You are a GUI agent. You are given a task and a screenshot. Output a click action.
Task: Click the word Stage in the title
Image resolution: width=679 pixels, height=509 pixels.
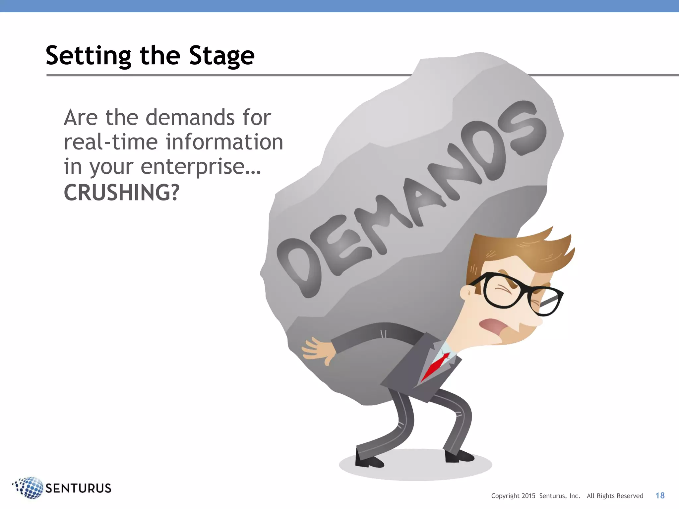click(221, 56)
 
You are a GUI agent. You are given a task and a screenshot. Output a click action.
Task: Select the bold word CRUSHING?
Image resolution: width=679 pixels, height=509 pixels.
click(121, 193)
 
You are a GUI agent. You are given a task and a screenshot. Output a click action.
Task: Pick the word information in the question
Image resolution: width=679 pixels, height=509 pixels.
click(224, 142)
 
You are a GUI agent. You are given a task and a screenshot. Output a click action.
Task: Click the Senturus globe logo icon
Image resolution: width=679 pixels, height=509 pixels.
click(29, 487)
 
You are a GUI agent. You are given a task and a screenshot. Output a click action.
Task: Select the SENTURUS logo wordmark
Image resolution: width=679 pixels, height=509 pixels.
click(78, 488)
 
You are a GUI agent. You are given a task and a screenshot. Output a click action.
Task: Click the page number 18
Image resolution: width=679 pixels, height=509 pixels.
click(660, 495)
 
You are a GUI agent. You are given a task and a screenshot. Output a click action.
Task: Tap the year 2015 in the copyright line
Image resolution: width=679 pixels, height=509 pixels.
click(528, 496)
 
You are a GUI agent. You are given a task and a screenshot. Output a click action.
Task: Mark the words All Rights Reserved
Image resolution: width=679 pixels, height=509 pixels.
click(615, 496)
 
